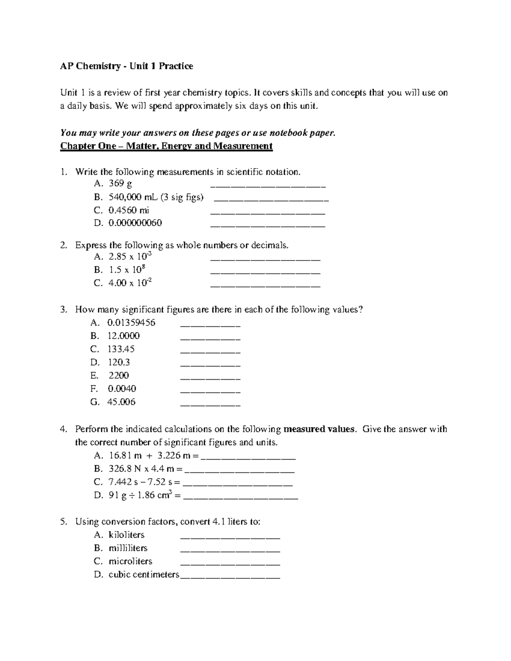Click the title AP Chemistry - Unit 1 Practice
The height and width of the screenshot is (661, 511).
point(126,66)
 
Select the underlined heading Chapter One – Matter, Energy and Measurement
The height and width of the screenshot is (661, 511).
point(166,146)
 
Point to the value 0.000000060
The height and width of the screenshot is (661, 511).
point(135,223)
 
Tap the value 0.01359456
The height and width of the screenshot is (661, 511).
point(132,323)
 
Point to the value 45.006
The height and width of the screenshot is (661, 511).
point(121,402)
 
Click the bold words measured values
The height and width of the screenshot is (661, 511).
point(319,429)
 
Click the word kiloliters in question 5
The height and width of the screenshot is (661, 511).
point(126,535)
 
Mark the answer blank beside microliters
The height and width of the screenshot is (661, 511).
point(230,564)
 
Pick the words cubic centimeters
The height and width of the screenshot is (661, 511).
point(144,575)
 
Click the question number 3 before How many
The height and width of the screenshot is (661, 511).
point(63,309)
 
